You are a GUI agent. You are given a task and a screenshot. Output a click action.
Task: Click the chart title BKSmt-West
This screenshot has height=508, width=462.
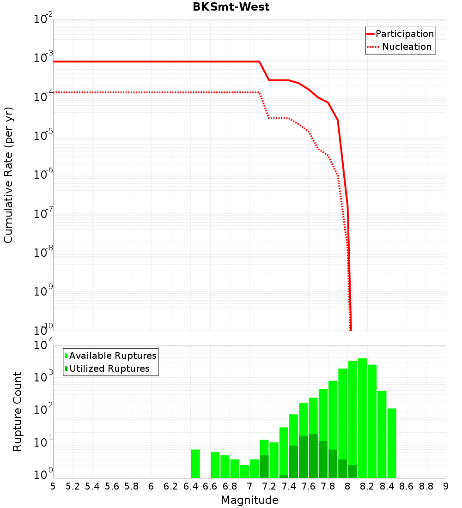click(x=231, y=7)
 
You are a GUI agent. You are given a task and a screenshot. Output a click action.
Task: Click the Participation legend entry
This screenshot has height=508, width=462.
click(x=404, y=34)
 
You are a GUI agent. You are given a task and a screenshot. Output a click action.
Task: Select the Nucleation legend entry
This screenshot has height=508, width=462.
click(x=406, y=47)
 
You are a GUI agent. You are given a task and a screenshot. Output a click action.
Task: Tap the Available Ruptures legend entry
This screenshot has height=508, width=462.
click(x=113, y=356)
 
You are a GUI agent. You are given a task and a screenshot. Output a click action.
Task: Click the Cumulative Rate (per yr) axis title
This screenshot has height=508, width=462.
click(x=9, y=175)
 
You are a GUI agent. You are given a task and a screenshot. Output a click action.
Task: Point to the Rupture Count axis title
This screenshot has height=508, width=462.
click(x=18, y=411)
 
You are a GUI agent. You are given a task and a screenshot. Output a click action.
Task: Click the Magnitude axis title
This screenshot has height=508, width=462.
click(x=249, y=500)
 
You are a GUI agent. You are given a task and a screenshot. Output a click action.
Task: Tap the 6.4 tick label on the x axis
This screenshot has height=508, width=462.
click(x=190, y=486)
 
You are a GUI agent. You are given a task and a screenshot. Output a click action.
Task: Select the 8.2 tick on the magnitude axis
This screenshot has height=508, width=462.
click(x=367, y=486)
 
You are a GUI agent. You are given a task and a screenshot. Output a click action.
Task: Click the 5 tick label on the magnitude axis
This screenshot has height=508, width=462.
click(x=53, y=486)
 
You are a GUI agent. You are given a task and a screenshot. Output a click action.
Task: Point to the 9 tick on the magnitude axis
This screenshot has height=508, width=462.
click(x=446, y=486)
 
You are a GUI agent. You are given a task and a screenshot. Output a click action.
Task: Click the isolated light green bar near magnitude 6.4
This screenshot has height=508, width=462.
click(x=195, y=464)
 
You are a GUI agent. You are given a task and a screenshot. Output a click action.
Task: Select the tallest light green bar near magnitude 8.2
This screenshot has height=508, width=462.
click(x=362, y=418)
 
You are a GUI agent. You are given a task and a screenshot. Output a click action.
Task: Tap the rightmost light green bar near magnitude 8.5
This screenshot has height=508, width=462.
click(x=392, y=443)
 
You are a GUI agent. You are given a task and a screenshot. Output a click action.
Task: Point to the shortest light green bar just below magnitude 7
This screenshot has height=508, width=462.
click(x=244, y=472)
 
